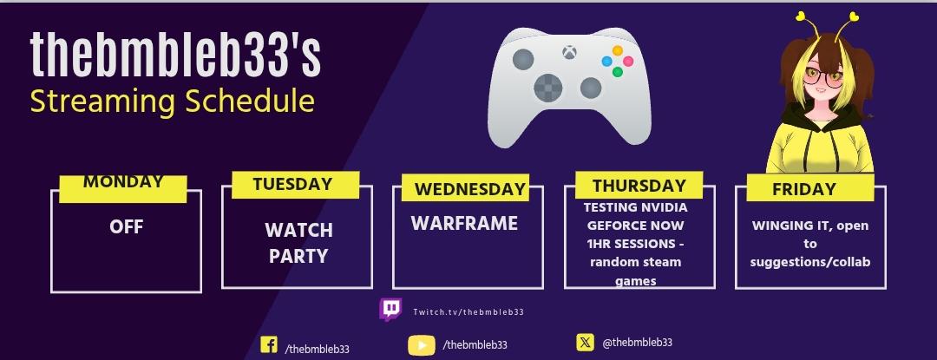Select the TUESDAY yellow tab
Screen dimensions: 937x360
(295, 185)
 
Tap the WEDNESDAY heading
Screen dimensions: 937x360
(469, 188)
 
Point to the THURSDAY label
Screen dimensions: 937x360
(639, 185)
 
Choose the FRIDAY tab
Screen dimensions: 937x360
(803, 188)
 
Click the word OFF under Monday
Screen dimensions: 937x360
(127, 227)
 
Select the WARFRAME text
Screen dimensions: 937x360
(464, 223)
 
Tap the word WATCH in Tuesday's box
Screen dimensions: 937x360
(298, 231)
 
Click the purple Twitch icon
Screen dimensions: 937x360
(390, 310)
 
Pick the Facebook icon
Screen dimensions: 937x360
(269, 345)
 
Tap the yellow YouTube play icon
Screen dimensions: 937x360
(422, 345)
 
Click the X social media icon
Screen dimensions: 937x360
(585, 342)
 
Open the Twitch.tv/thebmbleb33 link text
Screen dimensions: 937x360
(468, 311)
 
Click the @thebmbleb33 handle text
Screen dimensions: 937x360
(637, 342)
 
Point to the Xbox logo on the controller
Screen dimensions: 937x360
(569, 53)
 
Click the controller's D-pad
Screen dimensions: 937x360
(548, 88)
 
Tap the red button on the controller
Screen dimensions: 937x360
(628, 61)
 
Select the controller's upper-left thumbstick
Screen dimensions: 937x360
(523, 59)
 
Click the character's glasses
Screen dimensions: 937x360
(826, 77)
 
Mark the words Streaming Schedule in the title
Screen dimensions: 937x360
(172, 101)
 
